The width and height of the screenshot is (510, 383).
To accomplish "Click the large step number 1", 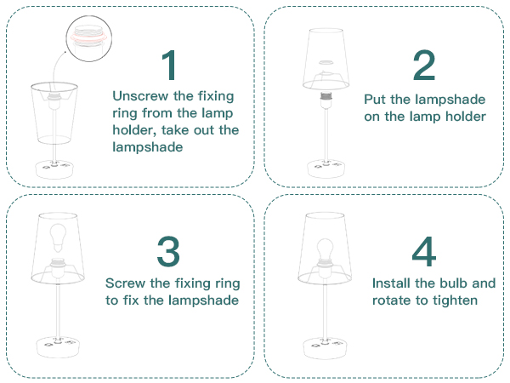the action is pyautogui.click(x=170, y=66).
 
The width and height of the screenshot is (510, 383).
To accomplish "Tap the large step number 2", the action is pyautogui.click(x=424, y=66).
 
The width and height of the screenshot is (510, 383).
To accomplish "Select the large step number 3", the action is pyautogui.click(x=168, y=251).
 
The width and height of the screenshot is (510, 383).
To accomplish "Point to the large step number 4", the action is pyautogui.click(x=424, y=251).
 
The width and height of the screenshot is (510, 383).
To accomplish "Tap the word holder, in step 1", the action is pyautogui.click(x=134, y=130).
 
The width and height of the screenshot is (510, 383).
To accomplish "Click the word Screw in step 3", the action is pyautogui.click(x=125, y=283).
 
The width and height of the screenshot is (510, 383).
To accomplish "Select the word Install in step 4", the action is pyautogui.click(x=391, y=283).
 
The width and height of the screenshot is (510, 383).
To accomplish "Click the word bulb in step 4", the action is pyautogui.click(x=452, y=283).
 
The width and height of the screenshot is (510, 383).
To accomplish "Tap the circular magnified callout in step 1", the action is pyautogui.click(x=88, y=38).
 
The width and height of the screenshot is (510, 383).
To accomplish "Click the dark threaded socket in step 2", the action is pyautogui.click(x=326, y=95).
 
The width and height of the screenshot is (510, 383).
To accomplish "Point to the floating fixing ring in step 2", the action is pyautogui.click(x=326, y=62).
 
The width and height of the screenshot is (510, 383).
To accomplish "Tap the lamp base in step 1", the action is pyautogui.click(x=54, y=169).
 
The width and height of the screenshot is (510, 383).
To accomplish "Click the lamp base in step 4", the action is pyautogui.click(x=325, y=348).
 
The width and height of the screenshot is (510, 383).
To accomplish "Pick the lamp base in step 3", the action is pyautogui.click(x=58, y=347).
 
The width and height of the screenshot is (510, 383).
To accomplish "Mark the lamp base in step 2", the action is pyautogui.click(x=326, y=169).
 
